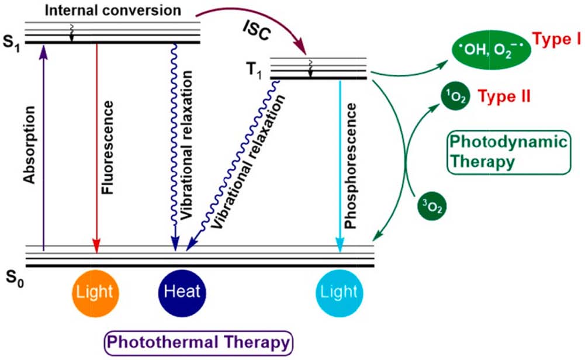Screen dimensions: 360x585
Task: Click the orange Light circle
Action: click(96, 290)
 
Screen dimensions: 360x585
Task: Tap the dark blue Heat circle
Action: click(182, 290)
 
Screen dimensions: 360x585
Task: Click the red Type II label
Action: click(504, 95)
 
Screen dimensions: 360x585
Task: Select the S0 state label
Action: click(13, 275)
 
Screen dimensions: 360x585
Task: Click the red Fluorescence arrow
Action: click(97, 146)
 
